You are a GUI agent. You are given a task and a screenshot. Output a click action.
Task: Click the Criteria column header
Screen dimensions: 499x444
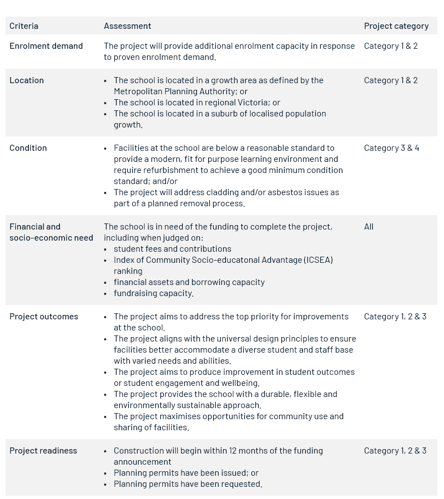(24, 26)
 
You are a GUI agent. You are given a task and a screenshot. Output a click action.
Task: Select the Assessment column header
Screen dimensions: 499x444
(127, 26)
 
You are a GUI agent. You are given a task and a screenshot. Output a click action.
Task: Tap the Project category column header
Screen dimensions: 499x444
(396, 26)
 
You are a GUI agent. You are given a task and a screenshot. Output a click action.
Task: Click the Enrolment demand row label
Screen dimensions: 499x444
(46, 46)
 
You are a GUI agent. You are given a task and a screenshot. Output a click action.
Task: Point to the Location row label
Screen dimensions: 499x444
(27, 80)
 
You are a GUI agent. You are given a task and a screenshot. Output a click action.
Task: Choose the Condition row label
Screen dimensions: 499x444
(28, 148)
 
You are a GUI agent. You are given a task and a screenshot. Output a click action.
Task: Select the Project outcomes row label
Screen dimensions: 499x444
(44, 317)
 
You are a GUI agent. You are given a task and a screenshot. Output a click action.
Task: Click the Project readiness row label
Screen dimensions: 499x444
(43, 451)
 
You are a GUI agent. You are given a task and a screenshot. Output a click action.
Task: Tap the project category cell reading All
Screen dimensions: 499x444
(369, 227)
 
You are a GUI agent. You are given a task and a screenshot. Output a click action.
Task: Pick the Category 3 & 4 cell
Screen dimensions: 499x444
(391, 148)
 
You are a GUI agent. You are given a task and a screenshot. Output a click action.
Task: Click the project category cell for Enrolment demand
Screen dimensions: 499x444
(391, 46)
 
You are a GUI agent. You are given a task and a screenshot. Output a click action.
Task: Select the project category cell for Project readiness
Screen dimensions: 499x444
(395, 451)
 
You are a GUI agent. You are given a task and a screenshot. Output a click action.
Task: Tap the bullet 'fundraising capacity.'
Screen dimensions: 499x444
(154, 293)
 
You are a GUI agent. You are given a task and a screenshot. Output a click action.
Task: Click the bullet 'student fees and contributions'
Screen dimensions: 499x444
(172, 249)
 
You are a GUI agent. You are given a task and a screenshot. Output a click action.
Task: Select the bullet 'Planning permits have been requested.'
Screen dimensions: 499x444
(188, 484)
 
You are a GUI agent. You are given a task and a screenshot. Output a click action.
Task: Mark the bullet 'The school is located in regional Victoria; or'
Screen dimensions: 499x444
(196, 103)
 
